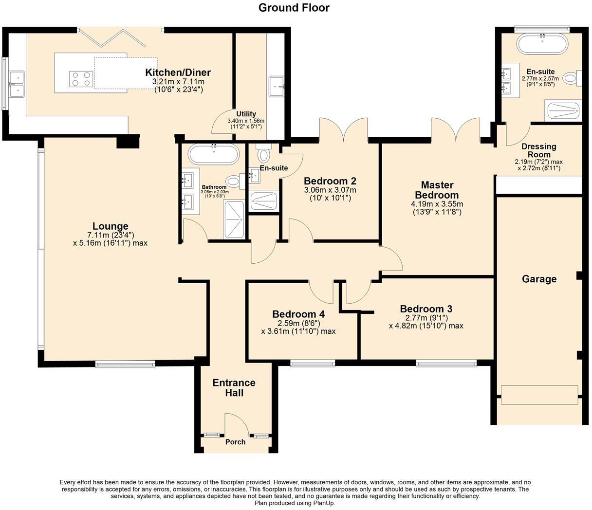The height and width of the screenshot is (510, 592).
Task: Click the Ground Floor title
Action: coord(294,7)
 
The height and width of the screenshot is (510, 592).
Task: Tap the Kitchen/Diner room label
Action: coord(178,73)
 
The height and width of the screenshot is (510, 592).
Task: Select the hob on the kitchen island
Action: coord(81,79)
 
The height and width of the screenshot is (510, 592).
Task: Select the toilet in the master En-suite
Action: coord(571,78)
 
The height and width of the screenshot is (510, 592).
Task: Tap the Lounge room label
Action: coord(111,226)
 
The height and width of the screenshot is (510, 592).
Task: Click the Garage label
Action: coord(539,279)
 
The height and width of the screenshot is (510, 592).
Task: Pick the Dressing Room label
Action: coord(538,150)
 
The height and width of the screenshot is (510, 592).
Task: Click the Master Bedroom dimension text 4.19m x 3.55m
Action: coord(437,204)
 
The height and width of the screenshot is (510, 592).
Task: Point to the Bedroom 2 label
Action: coord(330,181)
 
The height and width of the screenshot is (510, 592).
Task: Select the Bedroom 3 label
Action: coord(426,309)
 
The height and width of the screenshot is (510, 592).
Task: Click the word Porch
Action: coord(235,442)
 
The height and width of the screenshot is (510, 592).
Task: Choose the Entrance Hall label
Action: coord(234,388)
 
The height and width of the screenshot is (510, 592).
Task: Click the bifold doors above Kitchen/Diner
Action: coord(112,37)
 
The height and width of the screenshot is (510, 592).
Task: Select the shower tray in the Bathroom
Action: coord(235,219)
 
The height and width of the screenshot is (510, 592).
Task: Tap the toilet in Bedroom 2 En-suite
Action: coord(263,154)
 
